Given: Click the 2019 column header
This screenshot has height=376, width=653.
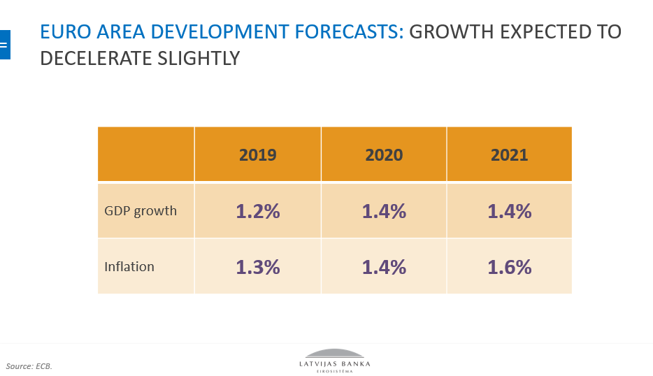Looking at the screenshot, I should coord(257,154).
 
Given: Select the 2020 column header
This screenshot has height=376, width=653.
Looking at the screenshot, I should coord(384,154).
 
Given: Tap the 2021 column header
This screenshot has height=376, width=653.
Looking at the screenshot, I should coord(509,154).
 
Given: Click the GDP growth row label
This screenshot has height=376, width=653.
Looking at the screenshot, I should coord(141,211).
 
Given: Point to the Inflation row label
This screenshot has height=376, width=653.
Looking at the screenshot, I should coord(129,266).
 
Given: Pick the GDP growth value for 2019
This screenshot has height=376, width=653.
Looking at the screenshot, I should coord(257,211).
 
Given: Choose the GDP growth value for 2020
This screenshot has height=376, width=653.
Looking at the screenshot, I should coord(384,211).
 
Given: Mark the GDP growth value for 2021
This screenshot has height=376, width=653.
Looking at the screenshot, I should coord(509,211).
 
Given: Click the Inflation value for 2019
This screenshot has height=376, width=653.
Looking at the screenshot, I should coord(257,266).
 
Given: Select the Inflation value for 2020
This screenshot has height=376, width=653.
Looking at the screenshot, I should coord(384,266).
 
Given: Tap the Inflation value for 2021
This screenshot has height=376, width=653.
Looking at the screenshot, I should coord(509,266).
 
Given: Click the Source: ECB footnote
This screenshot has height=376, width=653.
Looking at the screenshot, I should coord(29,366).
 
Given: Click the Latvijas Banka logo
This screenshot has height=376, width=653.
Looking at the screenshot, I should coord(335,359).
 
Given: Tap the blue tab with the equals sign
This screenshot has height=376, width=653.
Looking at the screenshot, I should coord(4,45).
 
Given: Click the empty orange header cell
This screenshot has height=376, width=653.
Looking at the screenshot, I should coord(145,154).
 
